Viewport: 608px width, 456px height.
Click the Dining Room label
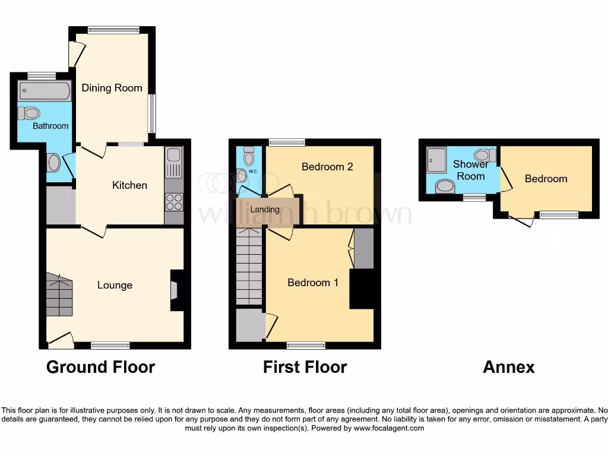(112, 88)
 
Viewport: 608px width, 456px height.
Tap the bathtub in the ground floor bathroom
(45, 91)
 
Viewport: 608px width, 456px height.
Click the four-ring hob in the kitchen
(174, 202)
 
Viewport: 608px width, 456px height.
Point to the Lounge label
(115, 285)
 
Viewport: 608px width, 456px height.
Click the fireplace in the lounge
(175, 290)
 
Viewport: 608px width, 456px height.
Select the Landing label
(265, 210)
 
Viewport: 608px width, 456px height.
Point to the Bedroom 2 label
(327, 167)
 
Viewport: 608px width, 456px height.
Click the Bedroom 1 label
(313, 283)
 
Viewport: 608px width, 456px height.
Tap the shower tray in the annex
(436, 159)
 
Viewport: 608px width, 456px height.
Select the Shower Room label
(470, 170)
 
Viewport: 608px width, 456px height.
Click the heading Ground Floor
(100, 368)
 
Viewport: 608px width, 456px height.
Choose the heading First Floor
(305, 368)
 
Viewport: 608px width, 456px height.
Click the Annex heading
(508, 368)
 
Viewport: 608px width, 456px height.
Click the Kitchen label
(129, 185)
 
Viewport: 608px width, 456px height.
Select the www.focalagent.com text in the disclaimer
(389, 428)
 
